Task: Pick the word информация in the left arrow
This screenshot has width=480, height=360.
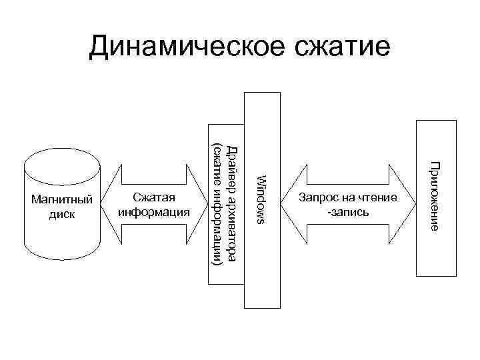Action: [x=153, y=213]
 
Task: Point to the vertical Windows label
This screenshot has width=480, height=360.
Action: [x=261, y=198]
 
